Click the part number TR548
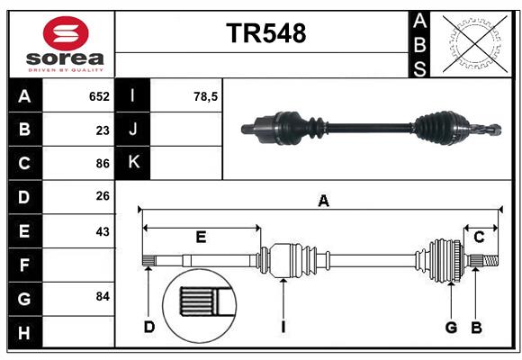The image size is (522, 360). pyautogui.click(x=266, y=33)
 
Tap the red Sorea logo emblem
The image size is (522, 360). pyautogui.click(x=66, y=33)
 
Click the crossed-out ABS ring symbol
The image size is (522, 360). pyautogui.click(x=475, y=44)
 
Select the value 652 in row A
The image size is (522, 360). pyautogui.click(x=99, y=96)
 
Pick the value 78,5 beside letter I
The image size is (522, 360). pyautogui.click(x=205, y=96)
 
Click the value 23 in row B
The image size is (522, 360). pyautogui.click(x=103, y=130)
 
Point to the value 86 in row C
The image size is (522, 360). pyautogui.click(x=103, y=164)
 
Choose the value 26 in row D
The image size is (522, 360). pyautogui.click(x=103, y=196)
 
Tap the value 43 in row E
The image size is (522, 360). pyautogui.click(x=103, y=231)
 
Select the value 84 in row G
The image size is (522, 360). pyautogui.click(x=103, y=296)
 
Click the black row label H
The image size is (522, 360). pyautogui.click(x=25, y=332)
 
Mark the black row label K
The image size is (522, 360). pyautogui.click(x=133, y=163)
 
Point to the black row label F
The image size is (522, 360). pyautogui.click(x=25, y=265)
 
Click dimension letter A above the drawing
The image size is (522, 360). pyautogui.click(x=324, y=201)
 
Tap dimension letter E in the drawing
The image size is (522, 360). pyautogui.click(x=201, y=237)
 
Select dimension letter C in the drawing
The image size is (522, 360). pyautogui.click(x=479, y=237)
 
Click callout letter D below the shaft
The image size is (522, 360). pyautogui.click(x=149, y=327)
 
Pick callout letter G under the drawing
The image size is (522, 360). pyautogui.click(x=451, y=328)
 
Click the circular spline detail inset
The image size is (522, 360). pyautogui.click(x=200, y=306)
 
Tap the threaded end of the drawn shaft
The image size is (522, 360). pyautogui.click(x=491, y=260)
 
